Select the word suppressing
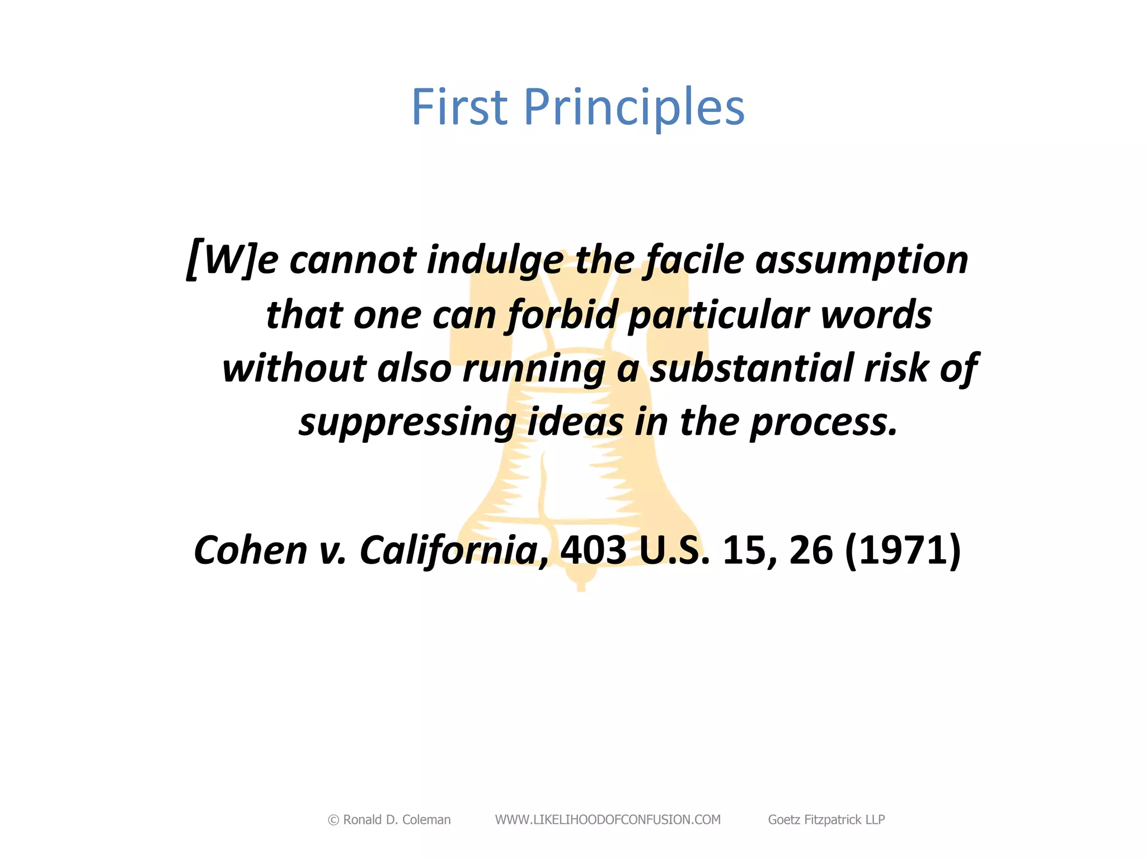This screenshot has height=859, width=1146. point(407,423)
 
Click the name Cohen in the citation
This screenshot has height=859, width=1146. point(251,550)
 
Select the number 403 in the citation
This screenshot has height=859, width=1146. point(594,550)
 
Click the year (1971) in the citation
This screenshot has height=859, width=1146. point(902,550)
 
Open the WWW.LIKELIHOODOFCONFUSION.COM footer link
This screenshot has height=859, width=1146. point(608,820)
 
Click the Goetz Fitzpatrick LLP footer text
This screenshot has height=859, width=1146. point(826,820)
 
